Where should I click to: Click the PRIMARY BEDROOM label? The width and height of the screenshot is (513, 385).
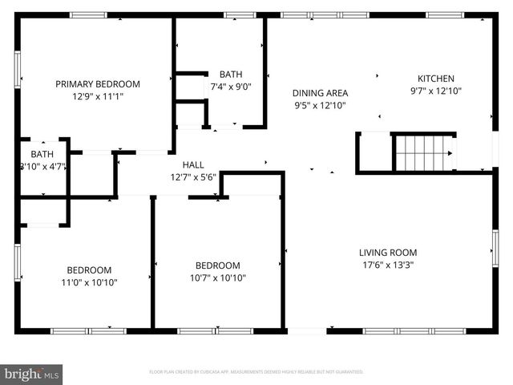tap(97, 83)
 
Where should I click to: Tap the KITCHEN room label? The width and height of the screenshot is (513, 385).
tap(435, 79)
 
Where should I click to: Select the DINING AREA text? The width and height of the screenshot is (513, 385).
tap(320, 93)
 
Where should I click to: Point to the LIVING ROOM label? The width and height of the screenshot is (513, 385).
tap(388, 253)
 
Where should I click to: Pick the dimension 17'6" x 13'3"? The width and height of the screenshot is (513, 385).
tap(388, 265)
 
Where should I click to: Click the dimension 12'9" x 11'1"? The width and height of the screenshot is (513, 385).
tap(97, 96)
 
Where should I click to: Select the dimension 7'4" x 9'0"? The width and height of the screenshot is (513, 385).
tap(231, 87)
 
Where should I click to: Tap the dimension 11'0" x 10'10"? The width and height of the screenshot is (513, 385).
tap(89, 282)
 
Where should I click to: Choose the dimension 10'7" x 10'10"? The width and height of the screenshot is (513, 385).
tap(218, 278)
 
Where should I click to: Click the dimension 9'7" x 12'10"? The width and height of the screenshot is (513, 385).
tap(435, 91)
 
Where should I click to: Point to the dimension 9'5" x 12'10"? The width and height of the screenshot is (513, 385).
tap(320, 105)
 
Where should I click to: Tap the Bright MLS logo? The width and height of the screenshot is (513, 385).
tap(32, 374)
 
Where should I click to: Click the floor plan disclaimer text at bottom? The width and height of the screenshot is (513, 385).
tap(256, 372)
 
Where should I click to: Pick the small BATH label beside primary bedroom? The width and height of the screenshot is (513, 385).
tap(42, 154)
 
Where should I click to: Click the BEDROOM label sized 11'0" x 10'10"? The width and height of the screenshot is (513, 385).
tap(89, 270)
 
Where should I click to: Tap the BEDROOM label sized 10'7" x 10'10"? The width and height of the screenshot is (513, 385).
tap(218, 265)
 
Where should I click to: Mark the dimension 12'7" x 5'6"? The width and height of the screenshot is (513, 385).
tap(192, 177)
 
